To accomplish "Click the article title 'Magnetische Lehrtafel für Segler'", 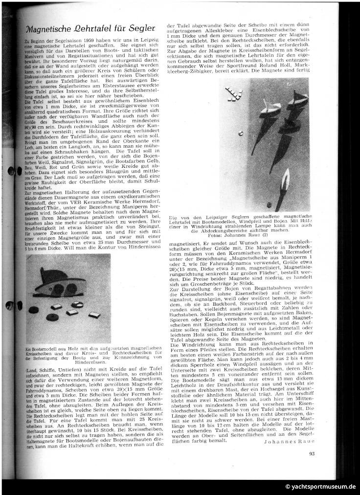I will coord(90,29).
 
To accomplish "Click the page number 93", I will coord(312,452).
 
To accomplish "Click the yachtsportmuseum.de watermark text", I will coord(320,487).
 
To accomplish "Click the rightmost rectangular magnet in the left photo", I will coord(94,315).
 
